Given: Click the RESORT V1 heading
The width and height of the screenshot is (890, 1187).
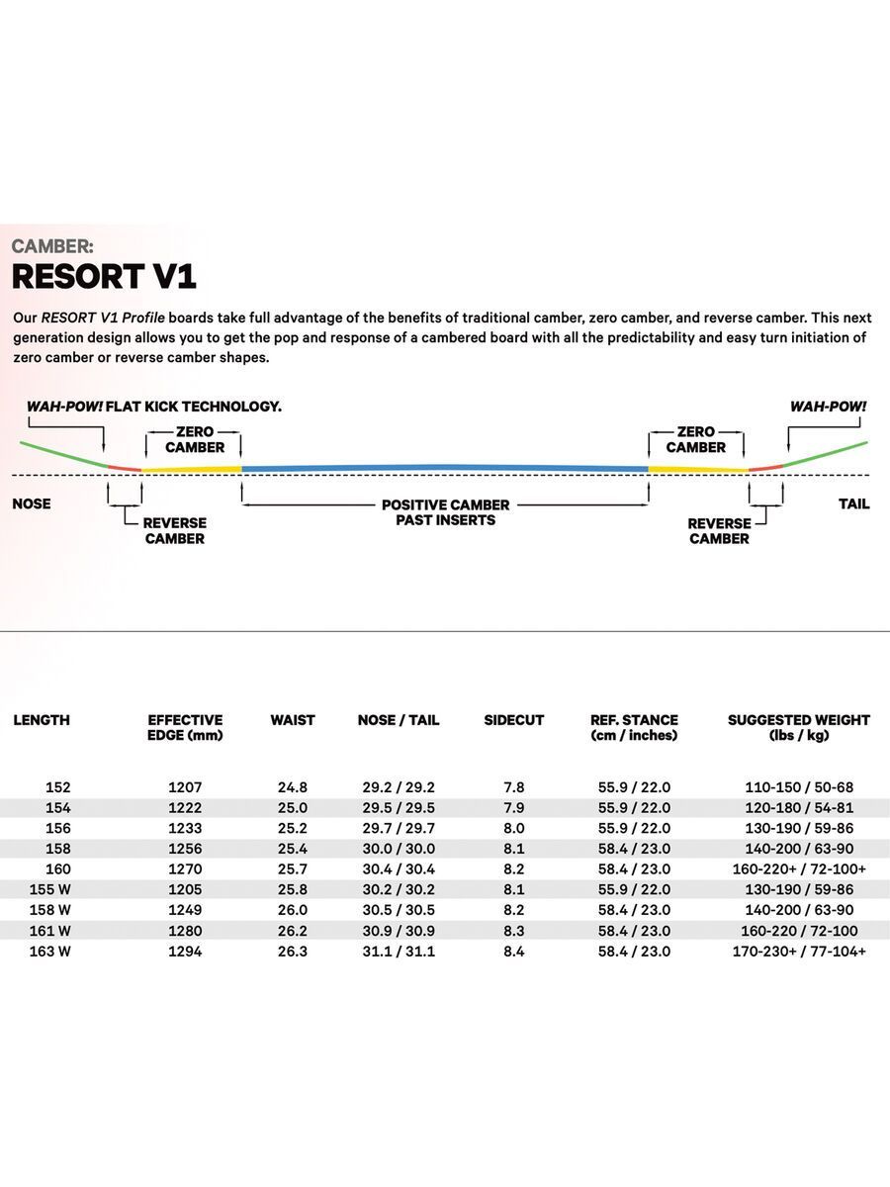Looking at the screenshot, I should point(104,275).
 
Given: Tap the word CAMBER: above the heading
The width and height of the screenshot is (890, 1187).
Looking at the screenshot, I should point(52,246).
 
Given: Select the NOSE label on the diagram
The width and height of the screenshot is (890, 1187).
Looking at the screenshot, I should point(32,503).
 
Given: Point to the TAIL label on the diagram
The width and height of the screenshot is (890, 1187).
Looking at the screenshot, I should point(853,503).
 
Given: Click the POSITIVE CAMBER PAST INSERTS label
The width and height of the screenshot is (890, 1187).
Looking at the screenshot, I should point(445,512).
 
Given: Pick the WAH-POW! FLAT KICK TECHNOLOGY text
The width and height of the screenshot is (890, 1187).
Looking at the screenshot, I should point(154,407).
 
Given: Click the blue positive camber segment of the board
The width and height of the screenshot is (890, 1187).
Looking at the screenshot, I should point(445,466).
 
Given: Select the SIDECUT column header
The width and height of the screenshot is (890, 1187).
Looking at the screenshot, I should point(513,720).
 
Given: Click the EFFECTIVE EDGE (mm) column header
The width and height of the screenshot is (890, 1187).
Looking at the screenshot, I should point(185,727).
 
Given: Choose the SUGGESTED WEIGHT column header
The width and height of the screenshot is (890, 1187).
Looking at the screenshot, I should point(798,727).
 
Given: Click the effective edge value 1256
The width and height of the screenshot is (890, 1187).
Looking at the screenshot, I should point(185,849).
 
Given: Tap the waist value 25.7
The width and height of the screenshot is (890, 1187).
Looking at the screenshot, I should point(293,869).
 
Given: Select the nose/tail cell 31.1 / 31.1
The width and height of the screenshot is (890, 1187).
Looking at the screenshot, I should point(399,952).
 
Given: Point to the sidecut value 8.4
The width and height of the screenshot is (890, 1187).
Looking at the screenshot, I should point(513,952).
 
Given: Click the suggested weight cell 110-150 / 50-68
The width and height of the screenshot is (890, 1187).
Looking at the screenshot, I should point(798,787).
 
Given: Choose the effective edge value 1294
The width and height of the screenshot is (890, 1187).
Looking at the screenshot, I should point(185,952).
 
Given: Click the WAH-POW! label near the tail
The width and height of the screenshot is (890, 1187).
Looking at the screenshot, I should point(828,407).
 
